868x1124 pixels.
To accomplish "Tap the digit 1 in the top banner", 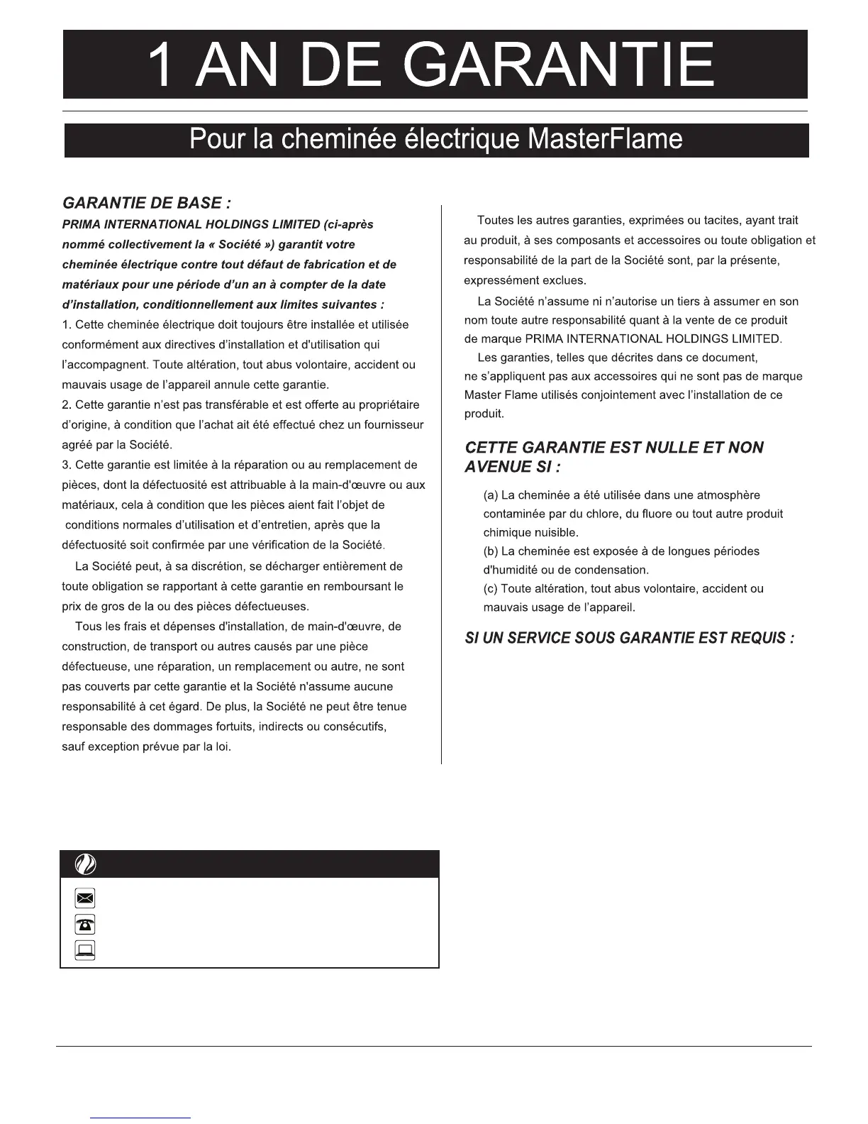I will (162, 65).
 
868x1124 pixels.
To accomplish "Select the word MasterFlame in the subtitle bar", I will (605, 139).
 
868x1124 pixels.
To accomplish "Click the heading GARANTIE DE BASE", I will (147, 203).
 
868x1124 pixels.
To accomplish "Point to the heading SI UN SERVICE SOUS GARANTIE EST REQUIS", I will (629, 638).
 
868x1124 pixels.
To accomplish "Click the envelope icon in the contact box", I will (85, 899).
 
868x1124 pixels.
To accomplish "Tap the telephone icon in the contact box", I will (85, 925).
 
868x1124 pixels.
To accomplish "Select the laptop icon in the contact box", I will (85, 949).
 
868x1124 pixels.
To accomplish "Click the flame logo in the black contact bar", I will (85, 865).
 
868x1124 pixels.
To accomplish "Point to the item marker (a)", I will (490, 495).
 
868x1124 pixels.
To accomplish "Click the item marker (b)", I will (490, 551).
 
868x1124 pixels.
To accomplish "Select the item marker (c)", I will (490, 589).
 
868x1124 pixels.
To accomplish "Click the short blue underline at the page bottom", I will (140, 1118).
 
